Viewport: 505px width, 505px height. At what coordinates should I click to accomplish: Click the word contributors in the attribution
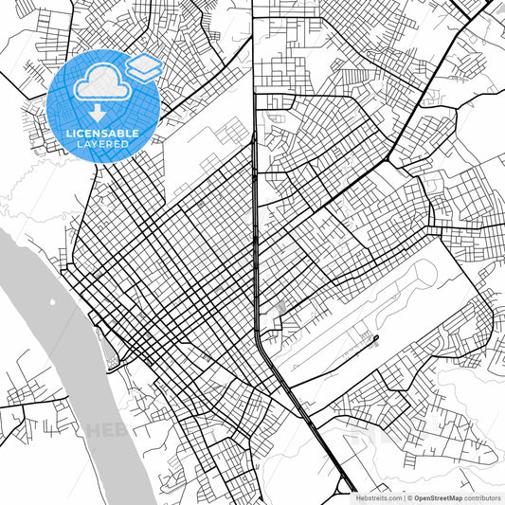(x=481, y=496)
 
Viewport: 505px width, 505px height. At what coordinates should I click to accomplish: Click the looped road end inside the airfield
(x=376, y=336)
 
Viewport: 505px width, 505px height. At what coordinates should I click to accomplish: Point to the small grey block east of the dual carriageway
(x=281, y=307)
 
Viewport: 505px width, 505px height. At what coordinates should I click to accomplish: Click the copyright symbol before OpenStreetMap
(x=407, y=496)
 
